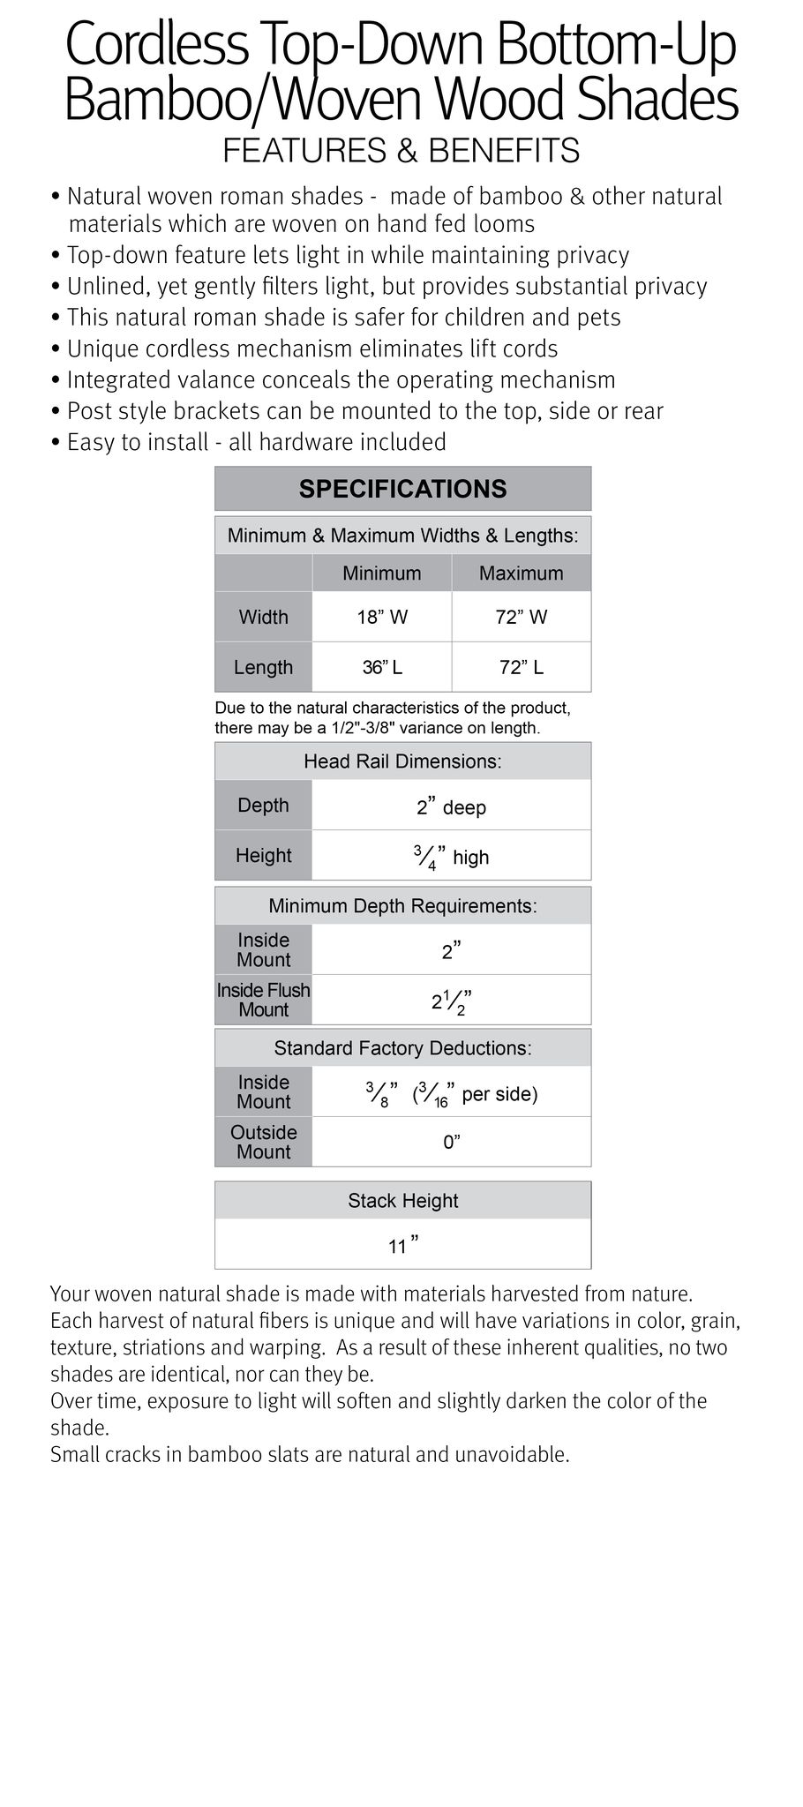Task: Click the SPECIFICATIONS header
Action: point(402,489)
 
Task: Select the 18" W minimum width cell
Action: point(382,617)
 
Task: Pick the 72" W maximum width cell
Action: point(521,617)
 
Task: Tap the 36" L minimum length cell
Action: point(382,667)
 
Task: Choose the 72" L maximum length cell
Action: point(521,667)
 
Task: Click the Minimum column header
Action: point(382,574)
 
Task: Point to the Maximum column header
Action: point(521,574)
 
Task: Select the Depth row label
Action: point(263,805)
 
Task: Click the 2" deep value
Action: point(451,806)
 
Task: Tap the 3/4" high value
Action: point(451,857)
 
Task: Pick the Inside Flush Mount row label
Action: point(263,1000)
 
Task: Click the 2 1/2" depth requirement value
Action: point(451,1001)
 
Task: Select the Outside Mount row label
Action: point(263,1142)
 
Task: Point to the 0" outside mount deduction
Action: point(451,1143)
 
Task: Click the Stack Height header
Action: point(402,1201)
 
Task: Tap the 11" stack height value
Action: point(402,1245)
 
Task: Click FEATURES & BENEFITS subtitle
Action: point(401,151)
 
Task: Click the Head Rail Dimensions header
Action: point(402,761)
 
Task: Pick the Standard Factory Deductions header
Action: point(402,1048)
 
